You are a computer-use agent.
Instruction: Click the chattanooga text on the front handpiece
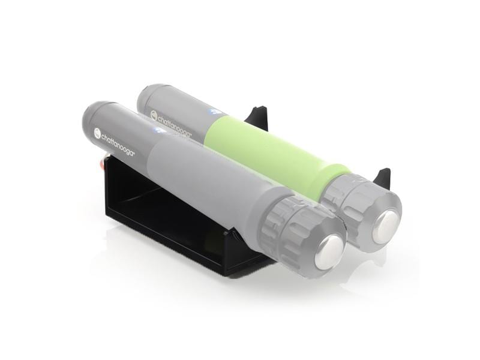point(118,145)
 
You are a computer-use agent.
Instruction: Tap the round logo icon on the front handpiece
point(97,132)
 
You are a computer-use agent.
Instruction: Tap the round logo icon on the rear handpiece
point(154,115)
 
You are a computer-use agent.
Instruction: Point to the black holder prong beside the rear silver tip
point(382,177)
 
